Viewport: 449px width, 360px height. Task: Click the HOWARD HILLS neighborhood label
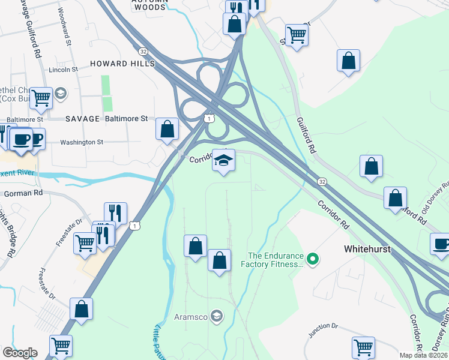[x=122, y=64]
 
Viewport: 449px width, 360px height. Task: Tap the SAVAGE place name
[x=82, y=119]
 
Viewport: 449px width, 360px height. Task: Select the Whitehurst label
[x=368, y=248]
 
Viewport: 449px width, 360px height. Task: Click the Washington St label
[x=82, y=142]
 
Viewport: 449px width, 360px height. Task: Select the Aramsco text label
[x=190, y=316]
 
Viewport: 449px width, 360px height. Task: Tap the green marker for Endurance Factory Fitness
[x=312, y=260]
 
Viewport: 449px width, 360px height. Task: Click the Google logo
[x=20, y=353]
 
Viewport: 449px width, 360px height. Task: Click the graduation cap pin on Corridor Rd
[x=223, y=161]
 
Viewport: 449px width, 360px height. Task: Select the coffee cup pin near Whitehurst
[x=441, y=244]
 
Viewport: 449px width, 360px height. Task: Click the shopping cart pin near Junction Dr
[x=363, y=347]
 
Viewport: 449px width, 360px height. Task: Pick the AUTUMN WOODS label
[x=149, y=6]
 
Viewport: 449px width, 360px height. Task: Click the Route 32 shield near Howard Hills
[x=142, y=52]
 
